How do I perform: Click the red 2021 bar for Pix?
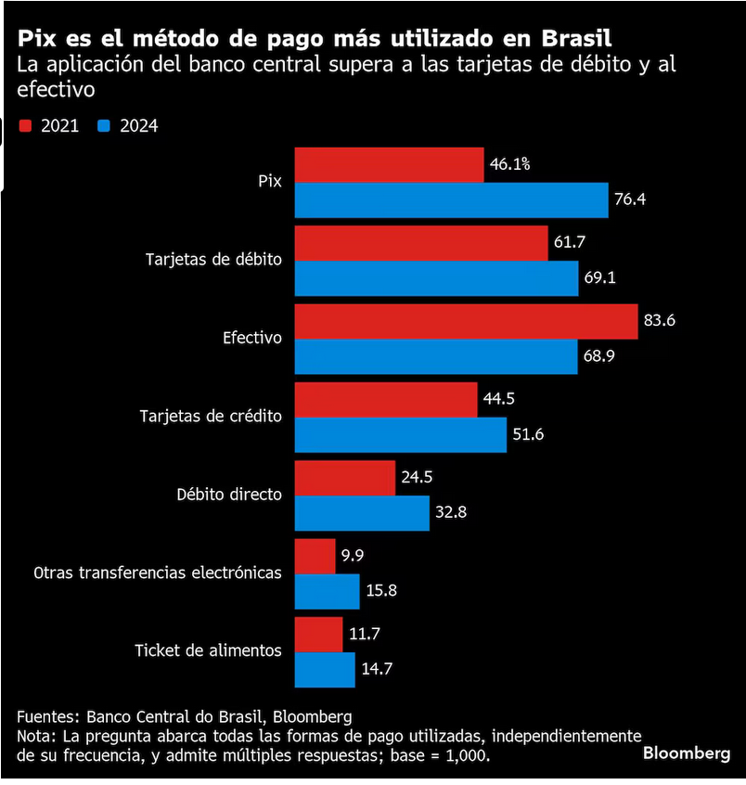tap(389, 164)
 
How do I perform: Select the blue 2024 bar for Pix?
tap(451, 199)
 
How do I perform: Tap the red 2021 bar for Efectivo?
tap(466, 321)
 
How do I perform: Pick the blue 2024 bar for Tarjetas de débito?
tap(436, 277)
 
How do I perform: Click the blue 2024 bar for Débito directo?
tap(362, 512)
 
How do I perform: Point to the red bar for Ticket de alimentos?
tap(318, 634)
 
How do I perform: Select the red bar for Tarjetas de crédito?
tap(385, 399)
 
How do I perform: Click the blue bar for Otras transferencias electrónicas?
tap(327, 591)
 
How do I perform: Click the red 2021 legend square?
tap(25, 125)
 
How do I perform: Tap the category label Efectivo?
tap(251, 338)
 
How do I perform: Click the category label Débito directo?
tap(228, 494)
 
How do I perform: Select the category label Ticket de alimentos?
tap(208, 650)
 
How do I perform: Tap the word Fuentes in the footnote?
tap(46, 716)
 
